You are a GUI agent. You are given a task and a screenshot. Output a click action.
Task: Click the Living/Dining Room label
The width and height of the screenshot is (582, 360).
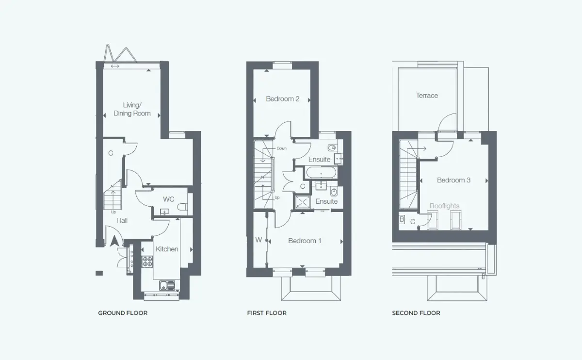(132, 109)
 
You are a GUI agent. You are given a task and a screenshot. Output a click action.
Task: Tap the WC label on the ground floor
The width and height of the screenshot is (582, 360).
(169, 199)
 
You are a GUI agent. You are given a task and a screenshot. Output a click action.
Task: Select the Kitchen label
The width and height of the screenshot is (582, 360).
(167, 249)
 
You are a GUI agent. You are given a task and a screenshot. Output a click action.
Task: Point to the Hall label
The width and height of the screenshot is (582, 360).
(122, 220)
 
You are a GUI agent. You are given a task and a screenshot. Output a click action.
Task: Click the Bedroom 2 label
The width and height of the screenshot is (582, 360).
(282, 99)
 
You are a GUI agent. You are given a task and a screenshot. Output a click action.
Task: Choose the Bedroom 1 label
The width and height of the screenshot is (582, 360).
(305, 241)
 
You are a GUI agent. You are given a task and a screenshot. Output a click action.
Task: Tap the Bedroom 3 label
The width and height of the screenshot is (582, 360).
(453, 180)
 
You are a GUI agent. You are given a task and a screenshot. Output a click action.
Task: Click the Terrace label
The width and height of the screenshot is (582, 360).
(427, 96)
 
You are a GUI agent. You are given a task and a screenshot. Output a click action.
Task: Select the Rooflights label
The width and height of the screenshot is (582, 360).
(444, 206)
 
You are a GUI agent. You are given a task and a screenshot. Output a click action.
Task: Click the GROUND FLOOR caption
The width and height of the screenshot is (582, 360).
(123, 313)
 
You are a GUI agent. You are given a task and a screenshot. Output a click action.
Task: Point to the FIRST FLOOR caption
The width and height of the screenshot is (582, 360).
(267, 313)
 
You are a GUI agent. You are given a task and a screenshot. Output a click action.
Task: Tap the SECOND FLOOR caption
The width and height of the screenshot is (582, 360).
(416, 313)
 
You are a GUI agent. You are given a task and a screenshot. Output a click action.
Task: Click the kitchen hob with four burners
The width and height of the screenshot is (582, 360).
(147, 262)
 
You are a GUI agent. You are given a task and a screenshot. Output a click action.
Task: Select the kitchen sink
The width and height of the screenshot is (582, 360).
(167, 286)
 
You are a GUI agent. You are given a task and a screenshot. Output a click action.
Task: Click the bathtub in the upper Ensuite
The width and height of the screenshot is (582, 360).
(321, 173)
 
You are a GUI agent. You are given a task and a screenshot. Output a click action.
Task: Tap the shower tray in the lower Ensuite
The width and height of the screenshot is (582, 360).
(303, 202)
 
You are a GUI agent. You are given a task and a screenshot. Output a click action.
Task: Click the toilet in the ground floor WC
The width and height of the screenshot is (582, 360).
(182, 207)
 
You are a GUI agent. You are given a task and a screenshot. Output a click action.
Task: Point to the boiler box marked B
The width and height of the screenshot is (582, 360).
(402, 220)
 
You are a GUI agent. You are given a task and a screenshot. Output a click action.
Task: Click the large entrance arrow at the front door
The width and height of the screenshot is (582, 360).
(114, 241)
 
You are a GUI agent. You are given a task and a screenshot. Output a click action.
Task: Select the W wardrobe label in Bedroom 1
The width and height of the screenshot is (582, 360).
(259, 240)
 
